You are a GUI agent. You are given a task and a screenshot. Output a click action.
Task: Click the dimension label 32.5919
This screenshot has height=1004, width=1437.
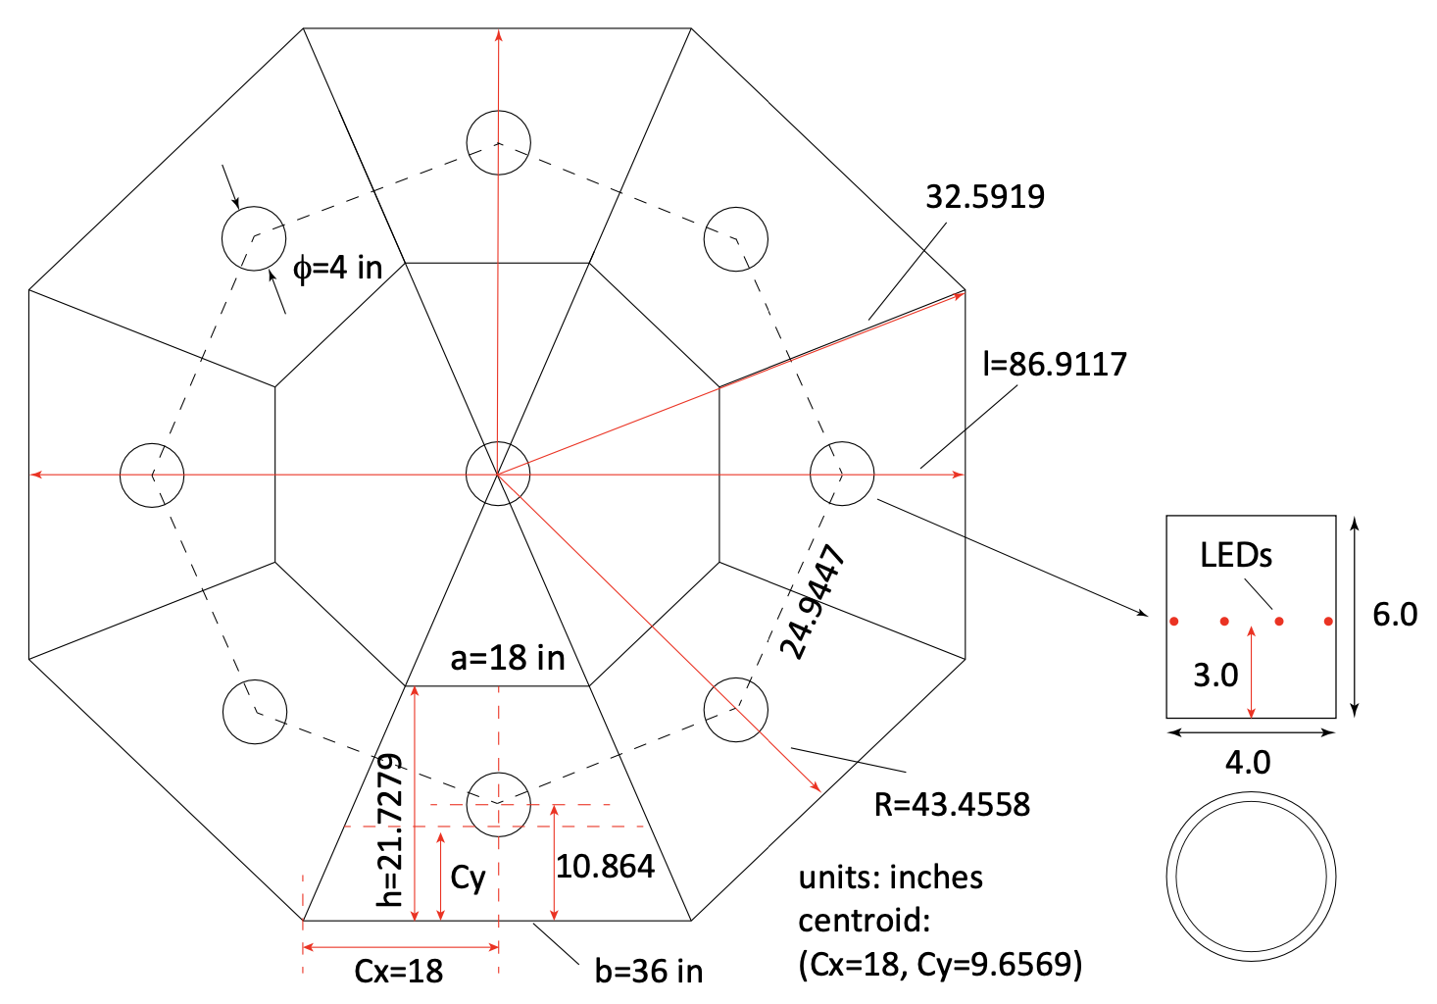coord(984,197)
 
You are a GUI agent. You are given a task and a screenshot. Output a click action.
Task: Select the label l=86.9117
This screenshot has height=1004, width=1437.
coord(1054,365)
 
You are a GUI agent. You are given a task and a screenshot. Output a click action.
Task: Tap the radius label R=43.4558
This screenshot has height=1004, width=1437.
coord(951,805)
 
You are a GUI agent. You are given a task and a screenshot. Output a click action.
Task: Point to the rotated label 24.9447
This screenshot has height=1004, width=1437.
coord(813,603)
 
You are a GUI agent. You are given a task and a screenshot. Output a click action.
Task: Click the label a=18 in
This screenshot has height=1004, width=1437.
coord(507,658)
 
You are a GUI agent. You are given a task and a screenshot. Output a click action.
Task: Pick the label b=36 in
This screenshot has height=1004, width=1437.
coord(648,972)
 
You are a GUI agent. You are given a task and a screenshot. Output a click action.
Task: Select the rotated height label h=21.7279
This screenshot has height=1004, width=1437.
coord(390,829)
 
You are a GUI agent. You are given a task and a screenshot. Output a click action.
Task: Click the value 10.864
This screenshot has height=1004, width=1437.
coord(605,867)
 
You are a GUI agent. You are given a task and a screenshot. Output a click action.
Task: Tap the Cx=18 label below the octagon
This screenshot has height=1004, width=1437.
coord(398,972)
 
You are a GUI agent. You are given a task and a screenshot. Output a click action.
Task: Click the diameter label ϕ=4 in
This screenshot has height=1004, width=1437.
coord(337,268)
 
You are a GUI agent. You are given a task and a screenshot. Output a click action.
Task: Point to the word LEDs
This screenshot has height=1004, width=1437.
coord(1235,556)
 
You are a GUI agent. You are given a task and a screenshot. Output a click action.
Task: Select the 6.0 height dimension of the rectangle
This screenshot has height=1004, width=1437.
coord(1394,615)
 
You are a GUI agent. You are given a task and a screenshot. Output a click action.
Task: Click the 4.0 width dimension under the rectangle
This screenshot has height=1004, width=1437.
coord(1248,762)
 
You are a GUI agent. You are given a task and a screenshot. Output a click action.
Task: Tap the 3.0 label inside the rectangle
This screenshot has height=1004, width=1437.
coord(1214,676)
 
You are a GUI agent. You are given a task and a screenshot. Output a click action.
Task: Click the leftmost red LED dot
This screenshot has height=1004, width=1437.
coord(1173,621)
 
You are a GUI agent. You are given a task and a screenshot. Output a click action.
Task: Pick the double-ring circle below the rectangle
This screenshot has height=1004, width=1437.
coord(1251,877)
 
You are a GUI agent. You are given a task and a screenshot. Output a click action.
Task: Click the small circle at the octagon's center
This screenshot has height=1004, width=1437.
coord(498,474)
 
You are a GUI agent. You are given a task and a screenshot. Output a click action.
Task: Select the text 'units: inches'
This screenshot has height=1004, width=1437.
coord(890,878)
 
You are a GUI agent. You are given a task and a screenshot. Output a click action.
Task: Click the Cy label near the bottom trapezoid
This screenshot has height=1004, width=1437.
coord(468,878)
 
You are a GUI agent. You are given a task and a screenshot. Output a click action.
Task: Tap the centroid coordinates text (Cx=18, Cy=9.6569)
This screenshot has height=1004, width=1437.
coord(940,965)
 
